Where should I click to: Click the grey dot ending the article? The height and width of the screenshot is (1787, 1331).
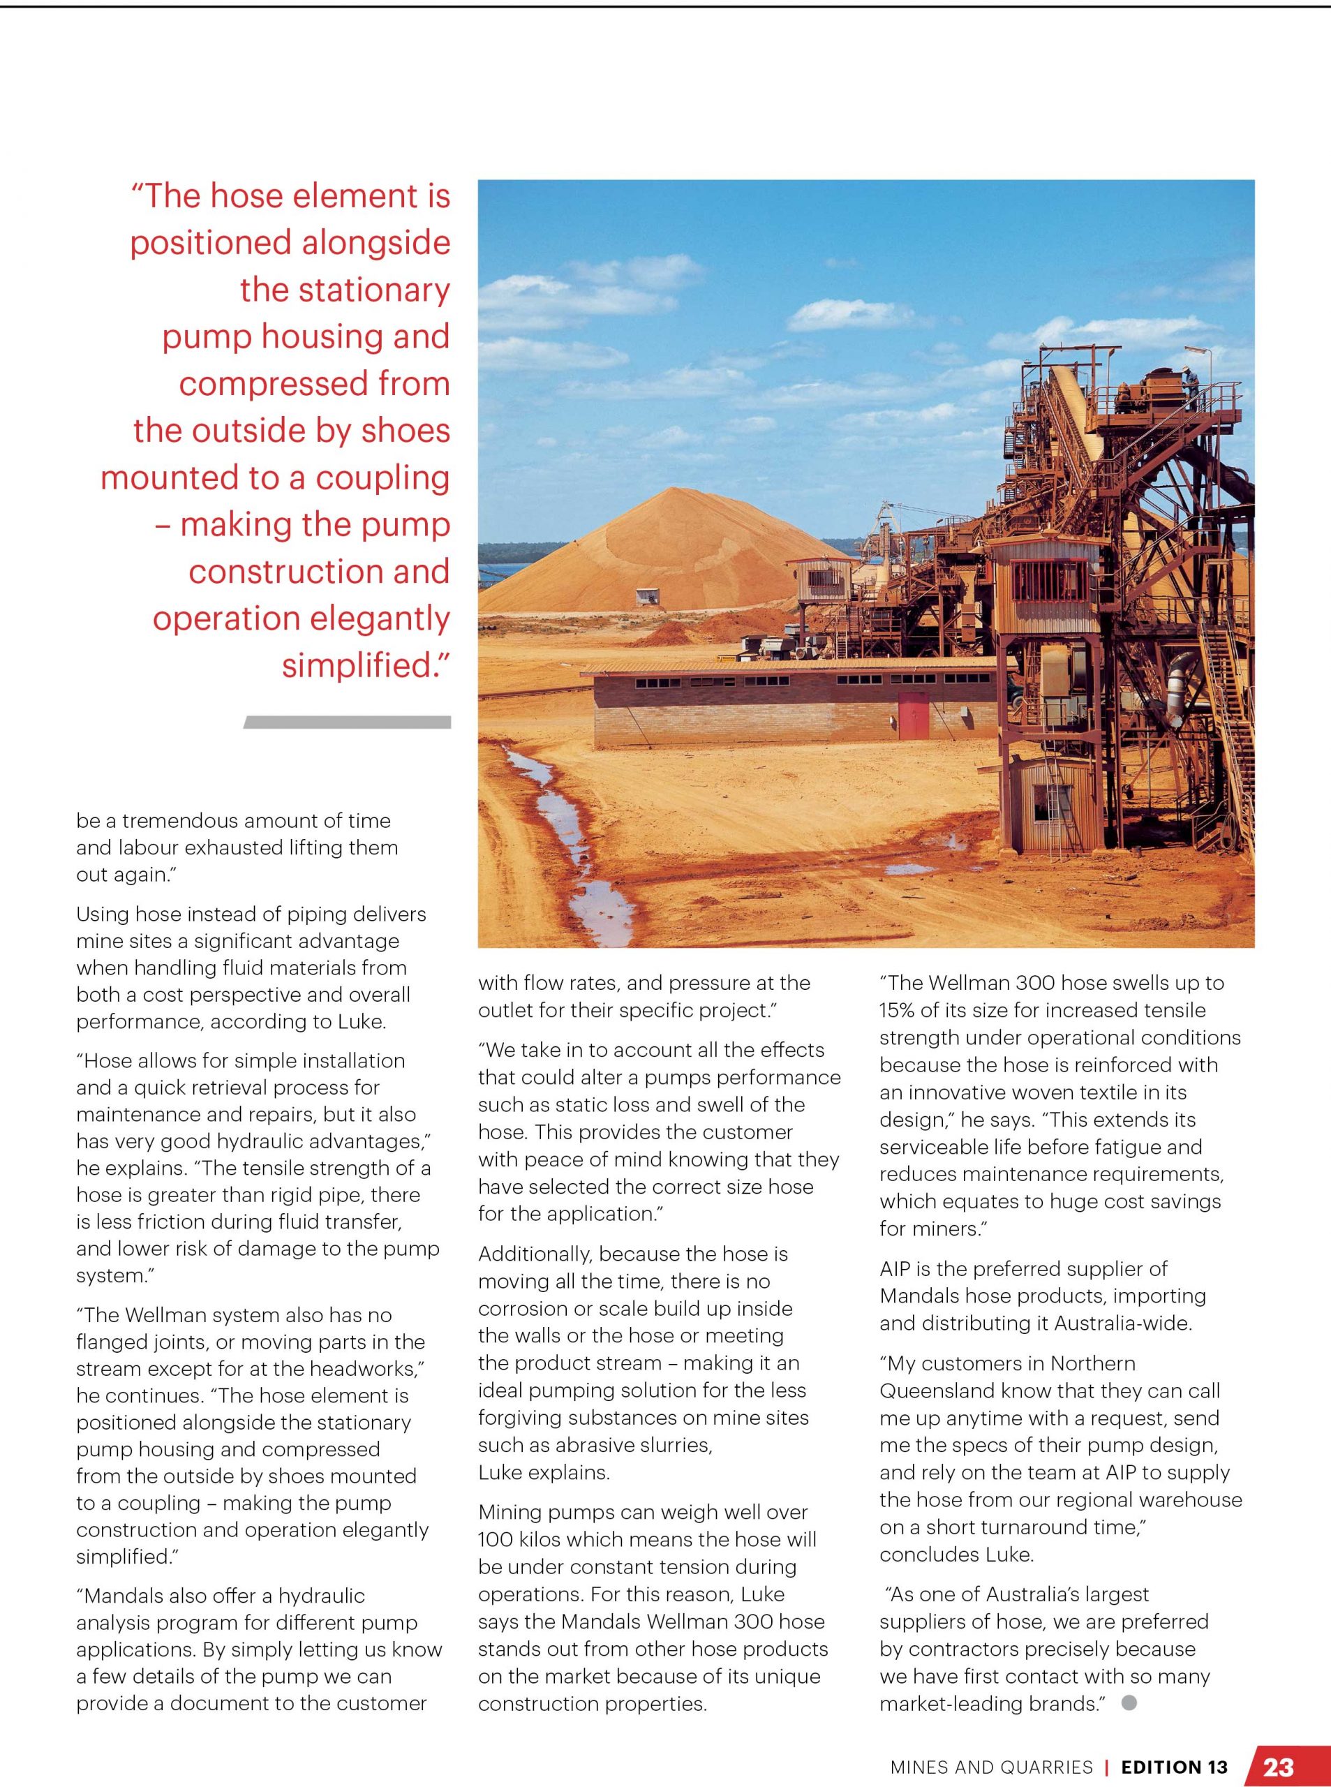(x=1129, y=1703)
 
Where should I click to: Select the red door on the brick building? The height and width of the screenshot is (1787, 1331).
(x=913, y=715)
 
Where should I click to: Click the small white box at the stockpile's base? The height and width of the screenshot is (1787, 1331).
(x=646, y=598)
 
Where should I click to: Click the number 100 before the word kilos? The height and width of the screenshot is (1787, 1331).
(x=496, y=1540)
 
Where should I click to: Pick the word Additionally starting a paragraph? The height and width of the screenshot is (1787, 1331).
(x=535, y=1254)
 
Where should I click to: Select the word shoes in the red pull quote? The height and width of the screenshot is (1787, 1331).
(x=406, y=431)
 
